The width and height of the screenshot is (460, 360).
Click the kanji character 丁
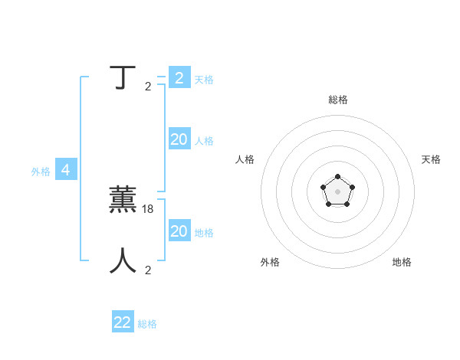coord(123,77)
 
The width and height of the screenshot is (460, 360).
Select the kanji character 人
coord(123,260)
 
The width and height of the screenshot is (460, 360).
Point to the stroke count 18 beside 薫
coord(149,208)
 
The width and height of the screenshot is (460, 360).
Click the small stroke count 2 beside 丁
coord(148,87)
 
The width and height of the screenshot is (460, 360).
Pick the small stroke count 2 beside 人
coord(148,270)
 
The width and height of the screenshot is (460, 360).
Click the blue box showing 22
coord(123,322)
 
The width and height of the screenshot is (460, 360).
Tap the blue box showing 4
coord(66,170)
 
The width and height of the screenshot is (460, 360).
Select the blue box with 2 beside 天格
coord(179,78)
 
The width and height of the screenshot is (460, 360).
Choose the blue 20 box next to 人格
coord(179,139)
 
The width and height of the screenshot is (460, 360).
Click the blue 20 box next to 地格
coord(179,231)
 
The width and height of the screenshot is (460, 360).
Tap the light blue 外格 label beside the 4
coord(41,172)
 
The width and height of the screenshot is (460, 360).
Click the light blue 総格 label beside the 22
coord(147,324)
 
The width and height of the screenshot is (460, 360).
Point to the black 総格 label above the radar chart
coord(338,100)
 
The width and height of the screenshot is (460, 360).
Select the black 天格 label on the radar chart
coord(431,159)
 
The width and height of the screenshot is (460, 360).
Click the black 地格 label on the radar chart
coord(402,262)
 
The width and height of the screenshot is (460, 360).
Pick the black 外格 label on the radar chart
coord(270,262)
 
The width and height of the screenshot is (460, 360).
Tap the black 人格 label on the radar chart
coord(245,159)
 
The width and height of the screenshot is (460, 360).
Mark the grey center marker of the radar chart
coord(337,191)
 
